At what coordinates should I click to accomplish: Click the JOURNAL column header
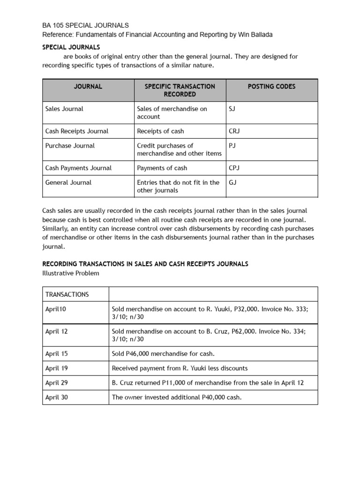[88, 86]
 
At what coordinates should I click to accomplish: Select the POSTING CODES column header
[271, 86]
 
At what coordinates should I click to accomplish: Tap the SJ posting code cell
[232, 109]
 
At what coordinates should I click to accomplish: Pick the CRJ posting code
[234, 131]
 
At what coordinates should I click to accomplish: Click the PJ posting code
[232, 146]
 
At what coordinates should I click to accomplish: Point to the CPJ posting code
[234, 168]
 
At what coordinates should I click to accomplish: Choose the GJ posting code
[232, 182]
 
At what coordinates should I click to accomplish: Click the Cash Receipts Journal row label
[77, 131]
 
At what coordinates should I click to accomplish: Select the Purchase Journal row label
[70, 146]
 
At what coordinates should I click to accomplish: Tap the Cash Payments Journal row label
[78, 168]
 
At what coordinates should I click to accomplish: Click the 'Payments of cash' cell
[162, 168]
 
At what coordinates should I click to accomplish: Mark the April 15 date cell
[56, 353]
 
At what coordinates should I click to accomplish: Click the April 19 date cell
[56, 368]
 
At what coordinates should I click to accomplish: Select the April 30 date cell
[56, 397]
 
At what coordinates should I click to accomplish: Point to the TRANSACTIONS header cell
[67, 294]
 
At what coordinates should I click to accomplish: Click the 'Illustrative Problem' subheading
[71, 273]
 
